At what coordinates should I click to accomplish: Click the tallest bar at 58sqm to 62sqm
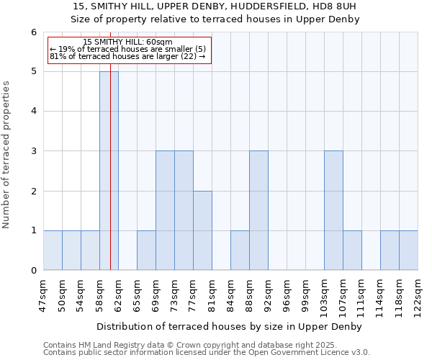pyautogui.click(x=109, y=171)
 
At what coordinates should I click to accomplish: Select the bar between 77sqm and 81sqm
pyautogui.click(x=202, y=230)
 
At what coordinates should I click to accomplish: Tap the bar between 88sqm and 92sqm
pyautogui.click(x=258, y=210)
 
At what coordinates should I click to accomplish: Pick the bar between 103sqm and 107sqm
pyautogui.click(x=333, y=210)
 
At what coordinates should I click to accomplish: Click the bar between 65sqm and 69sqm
pyautogui.click(x=146, y=250)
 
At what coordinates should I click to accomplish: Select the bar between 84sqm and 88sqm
pyautogui.click(x=240, y=250)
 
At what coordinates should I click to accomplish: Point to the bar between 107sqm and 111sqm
pyautogui.click(x=352, y=250)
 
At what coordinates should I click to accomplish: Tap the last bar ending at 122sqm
pyautogui.click(x=408, y=250)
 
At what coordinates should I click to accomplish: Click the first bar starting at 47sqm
pyautogui.click(x=53, y=250)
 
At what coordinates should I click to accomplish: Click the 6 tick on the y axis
pyautogui.click(x=33, y=32)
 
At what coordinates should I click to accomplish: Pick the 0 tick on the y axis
pyautogui.click(x=33, y=271)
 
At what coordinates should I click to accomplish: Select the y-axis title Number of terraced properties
pyautogui.click(x=7, y=154)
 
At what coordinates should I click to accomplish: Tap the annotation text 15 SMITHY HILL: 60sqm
pyautogui.click(x=127, y=42)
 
